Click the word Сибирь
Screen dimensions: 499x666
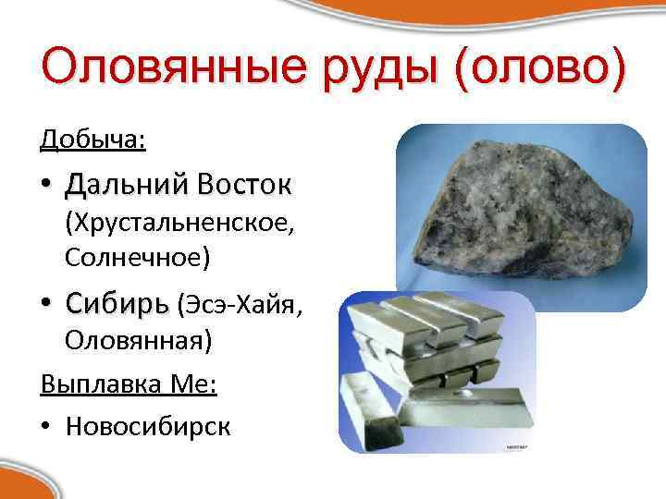click(117, 303)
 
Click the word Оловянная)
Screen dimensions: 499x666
click(139, 340)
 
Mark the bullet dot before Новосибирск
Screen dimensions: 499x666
click(45, 425)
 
